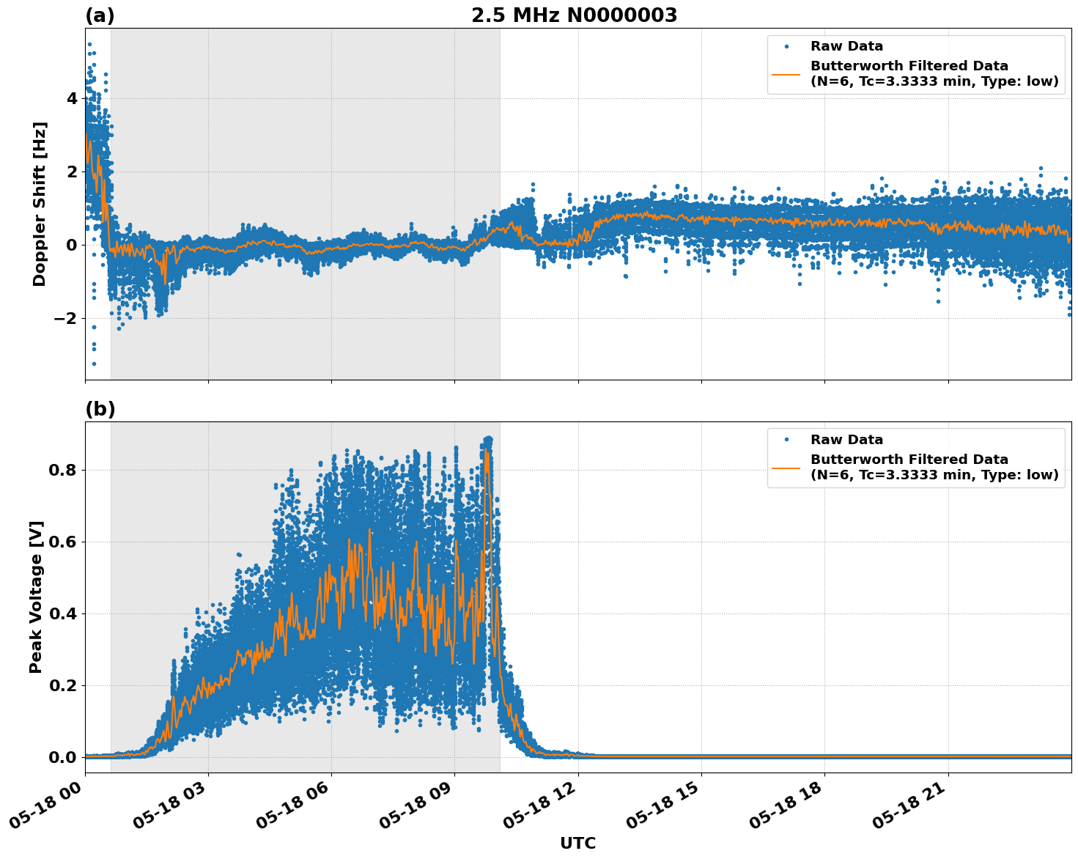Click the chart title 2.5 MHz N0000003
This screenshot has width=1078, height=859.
[574, 15]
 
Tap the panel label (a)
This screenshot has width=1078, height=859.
[100, 15]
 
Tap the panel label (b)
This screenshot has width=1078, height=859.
[100, 409]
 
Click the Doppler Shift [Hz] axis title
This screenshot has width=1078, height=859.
[40, 204]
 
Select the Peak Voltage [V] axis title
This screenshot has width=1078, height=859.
[37, 597]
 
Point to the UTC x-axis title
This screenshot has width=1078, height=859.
[577, 843]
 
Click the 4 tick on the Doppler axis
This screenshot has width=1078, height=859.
[72, 98]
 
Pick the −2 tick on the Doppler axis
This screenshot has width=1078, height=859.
[65, 318]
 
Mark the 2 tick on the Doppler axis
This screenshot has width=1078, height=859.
[72, 172]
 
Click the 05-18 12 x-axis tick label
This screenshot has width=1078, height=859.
[542, 806]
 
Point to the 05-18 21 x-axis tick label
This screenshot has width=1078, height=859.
[912, 806]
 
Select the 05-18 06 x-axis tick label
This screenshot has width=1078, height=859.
[296, 806]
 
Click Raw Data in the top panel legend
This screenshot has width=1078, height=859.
[846, 46]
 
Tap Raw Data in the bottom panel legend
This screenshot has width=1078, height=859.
[846, 440]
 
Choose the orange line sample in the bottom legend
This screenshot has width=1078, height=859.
[786, 467]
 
